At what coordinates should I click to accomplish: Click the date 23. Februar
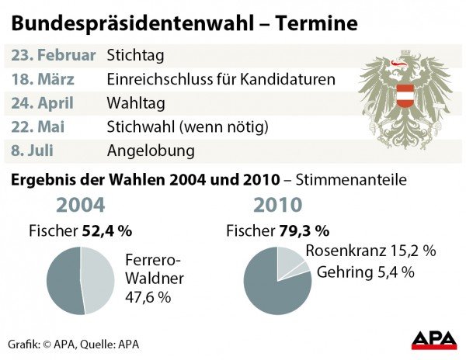pyautogui.click(x=54, y=55)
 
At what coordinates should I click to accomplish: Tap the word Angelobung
pyautogui.click(x=150, y=148)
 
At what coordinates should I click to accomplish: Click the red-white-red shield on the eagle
pyautogui.click(x=405, y=95)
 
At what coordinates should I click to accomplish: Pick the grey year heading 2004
pyautogui.click(x=80, y=206)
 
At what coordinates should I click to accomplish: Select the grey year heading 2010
pyautogui.click(x=277, y=206)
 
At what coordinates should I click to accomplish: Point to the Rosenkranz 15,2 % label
pyautogui.click(x=370, y=251)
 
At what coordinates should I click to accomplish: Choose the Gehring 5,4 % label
pyautogui.click(x=364, y=272)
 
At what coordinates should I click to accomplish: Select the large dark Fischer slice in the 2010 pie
pyautogui.click(x=272, y=291)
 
